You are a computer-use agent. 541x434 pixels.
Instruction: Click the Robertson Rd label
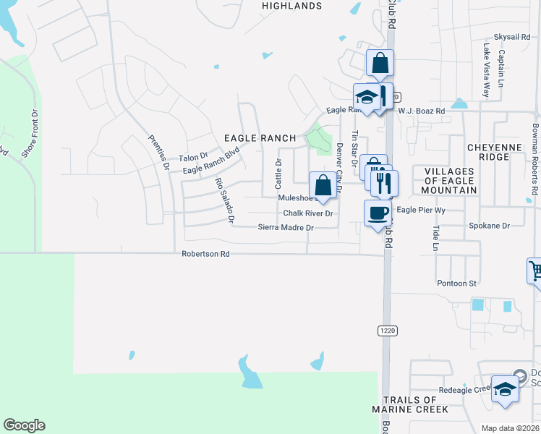pos(205,255)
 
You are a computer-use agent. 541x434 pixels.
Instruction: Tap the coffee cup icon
pos(377,213)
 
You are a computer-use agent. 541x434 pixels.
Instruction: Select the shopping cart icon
pos(535,272)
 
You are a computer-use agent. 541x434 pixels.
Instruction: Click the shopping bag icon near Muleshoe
pos(323,184)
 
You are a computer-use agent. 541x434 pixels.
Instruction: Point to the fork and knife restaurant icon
pos(383,183)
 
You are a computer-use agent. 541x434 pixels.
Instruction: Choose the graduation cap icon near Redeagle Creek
pos(504,389)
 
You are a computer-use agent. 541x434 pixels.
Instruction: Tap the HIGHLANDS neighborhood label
pos(292,6)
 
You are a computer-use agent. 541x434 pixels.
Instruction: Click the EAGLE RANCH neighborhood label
pos(260,138)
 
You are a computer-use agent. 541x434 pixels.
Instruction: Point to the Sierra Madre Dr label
pos(286,228)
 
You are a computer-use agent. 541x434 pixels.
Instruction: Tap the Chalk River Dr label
pos(307,213)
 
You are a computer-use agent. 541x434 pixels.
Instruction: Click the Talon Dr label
pos(193,157)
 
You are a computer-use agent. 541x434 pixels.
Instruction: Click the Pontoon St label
pos(457,284)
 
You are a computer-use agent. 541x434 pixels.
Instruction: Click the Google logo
pos(24,425)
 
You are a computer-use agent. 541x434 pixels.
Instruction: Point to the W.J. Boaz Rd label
pos(421,111)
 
